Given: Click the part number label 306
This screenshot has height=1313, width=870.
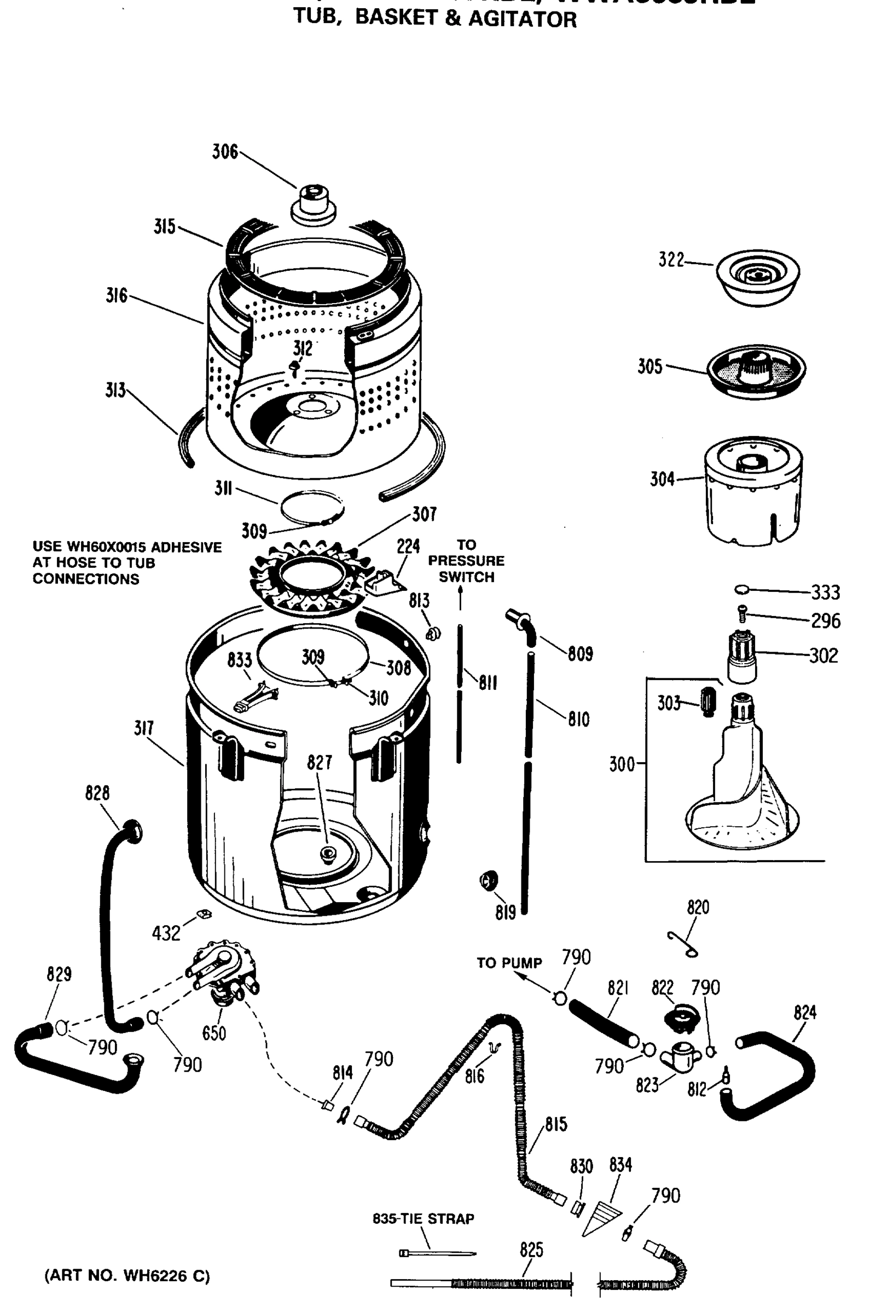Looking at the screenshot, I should (225, 152).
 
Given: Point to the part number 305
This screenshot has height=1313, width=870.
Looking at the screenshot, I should (649, 367).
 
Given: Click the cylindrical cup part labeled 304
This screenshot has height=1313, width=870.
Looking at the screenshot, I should (753, 489).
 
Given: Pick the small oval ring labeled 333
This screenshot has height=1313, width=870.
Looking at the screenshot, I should (742, 589).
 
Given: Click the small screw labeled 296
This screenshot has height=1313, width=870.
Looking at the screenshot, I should (741, 614).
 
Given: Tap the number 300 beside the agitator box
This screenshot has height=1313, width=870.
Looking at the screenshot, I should (622, 764).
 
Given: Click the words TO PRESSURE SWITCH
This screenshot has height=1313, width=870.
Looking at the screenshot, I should (466, 561).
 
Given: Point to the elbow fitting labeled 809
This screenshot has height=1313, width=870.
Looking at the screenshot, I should (521, 625).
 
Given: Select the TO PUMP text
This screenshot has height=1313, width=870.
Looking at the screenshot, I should (509, 962).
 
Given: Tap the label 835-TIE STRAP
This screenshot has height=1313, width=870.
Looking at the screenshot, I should (423, 1219).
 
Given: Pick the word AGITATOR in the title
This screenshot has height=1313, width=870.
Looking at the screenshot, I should (522, 19).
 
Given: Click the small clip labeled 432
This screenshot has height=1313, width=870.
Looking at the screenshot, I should (202, 914).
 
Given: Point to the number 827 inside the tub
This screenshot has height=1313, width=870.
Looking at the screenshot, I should (319, 762).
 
